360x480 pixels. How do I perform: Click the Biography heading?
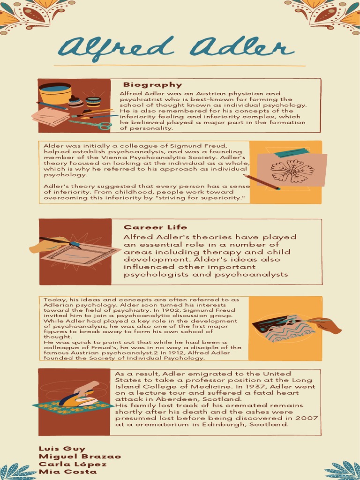coord(152,85)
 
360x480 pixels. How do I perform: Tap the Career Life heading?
coord(155,227)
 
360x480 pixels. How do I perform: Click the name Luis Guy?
coord(62,449)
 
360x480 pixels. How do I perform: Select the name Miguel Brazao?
coord(80,457)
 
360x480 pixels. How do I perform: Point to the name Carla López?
coord(73,464)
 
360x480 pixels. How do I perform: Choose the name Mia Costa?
coord(67,472)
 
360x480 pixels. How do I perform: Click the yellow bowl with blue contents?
coord(55,93)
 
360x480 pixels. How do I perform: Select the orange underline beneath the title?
coord(180,66)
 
